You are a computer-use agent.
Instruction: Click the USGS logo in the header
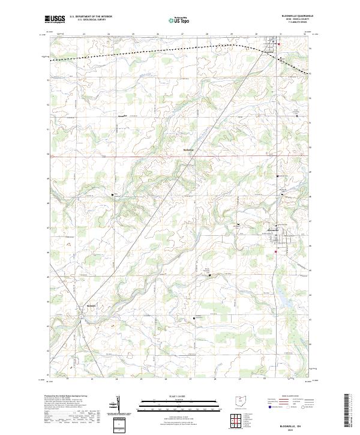click(55, 19)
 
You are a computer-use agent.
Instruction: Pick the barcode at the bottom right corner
click(347, 412)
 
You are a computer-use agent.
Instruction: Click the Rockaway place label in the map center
click(188, 151)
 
